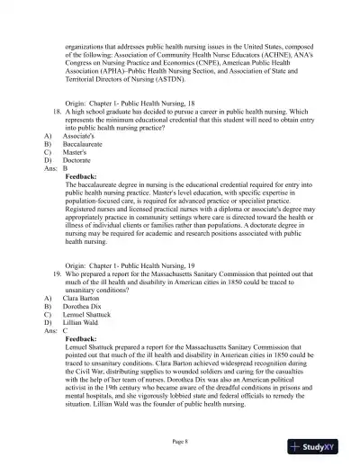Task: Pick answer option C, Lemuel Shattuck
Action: (x=92, y=312)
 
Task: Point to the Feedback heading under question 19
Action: (x=88, y=336)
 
